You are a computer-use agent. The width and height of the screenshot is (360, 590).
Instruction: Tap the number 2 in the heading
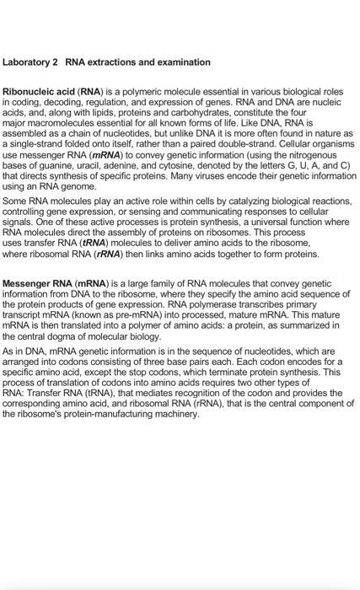pyautogui.click(x=59, y=62)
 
